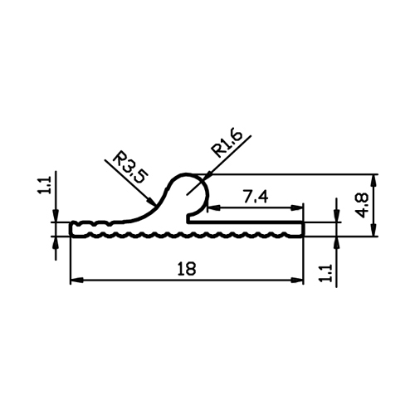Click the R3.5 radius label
coord(130,167)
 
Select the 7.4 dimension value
coord(256,198)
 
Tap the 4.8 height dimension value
coord(362,205)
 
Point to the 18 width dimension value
coord(187,269)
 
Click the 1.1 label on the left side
coord(44,185)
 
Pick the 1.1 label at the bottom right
coord(325,273)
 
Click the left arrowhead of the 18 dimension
coord(76,281)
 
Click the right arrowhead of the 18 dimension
coord(297,281)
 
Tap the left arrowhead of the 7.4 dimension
coord(213,207)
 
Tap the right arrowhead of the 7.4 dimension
coord(297,207)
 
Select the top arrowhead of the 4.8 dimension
coord(373,181)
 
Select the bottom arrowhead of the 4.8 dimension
coord(373,230)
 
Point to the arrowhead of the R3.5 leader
coord(152,202)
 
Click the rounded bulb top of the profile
coord(186,174)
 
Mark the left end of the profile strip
coord(71,229)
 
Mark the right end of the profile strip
coord(303,229)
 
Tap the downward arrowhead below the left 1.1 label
coord(56,216)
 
